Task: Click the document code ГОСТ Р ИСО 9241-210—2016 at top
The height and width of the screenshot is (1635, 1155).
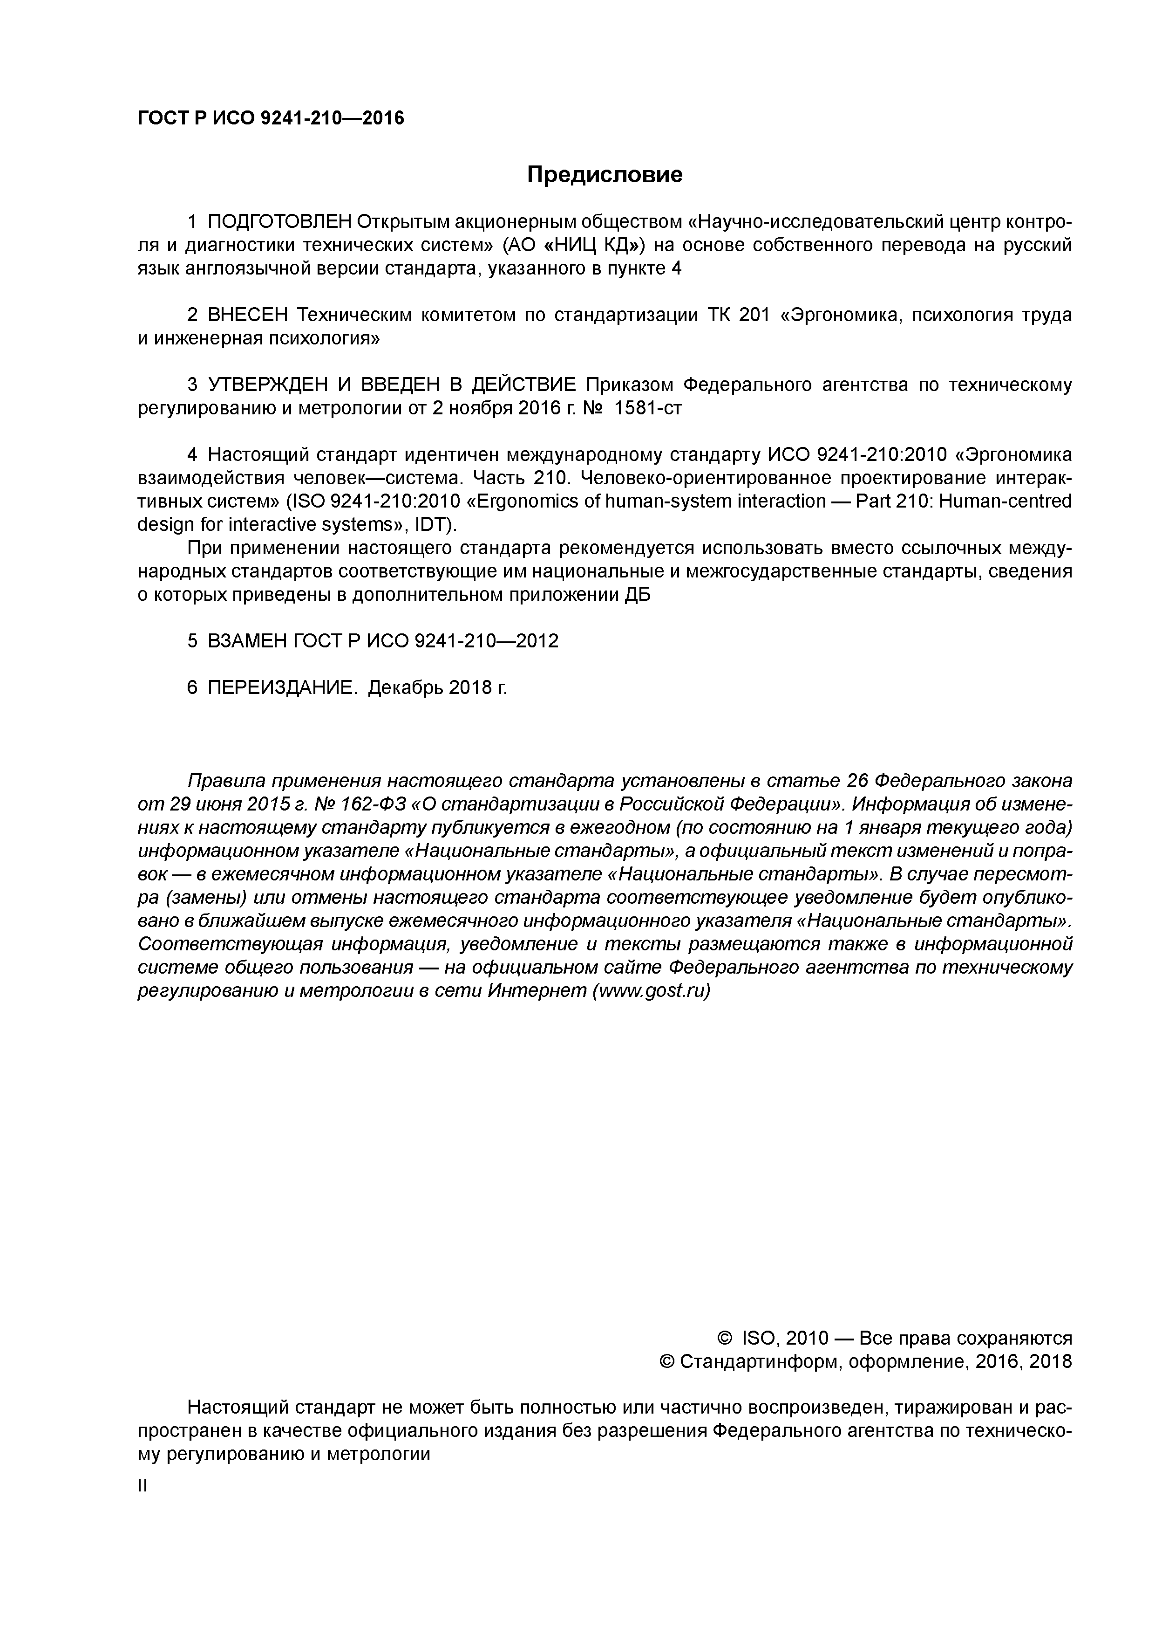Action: click(271, 118)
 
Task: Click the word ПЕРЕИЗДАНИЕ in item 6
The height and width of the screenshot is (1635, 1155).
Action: click(282, 688)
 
